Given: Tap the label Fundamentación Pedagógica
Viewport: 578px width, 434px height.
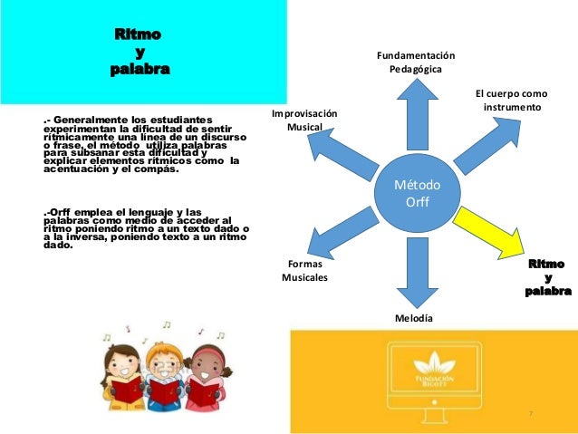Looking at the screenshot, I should point(416,63).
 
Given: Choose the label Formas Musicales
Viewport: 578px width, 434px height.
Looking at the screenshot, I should point(304,270).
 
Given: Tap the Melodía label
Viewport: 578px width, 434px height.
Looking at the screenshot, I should point(413,319).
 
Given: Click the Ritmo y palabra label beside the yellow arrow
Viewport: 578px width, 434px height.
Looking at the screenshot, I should point(547,277).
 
